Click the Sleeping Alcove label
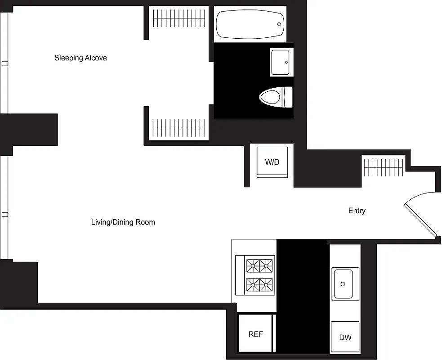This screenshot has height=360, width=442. point(80,58)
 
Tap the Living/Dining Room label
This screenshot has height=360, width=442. point(123,222)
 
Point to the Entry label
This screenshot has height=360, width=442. point(357,211)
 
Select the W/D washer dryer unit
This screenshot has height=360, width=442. point(272,162)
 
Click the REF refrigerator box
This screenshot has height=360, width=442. point(255,334)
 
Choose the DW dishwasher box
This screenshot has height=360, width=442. point(345,337)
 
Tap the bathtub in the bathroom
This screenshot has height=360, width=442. point(250,24)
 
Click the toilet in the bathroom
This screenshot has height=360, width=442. point(275,97)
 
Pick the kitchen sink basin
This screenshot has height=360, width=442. point(345,284)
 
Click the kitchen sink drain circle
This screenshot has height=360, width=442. point(343,284)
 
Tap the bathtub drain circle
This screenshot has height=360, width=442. point(279,24)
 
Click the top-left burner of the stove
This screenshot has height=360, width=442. point(253,265)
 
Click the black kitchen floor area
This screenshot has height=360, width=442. point(303,292)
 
